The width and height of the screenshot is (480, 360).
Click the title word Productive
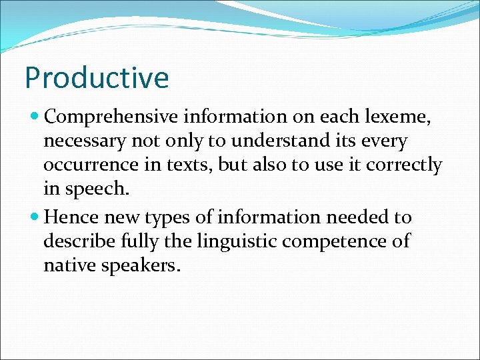97,77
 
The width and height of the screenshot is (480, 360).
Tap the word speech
97,189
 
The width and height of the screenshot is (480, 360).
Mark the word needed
357,217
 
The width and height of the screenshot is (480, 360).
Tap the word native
69,265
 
